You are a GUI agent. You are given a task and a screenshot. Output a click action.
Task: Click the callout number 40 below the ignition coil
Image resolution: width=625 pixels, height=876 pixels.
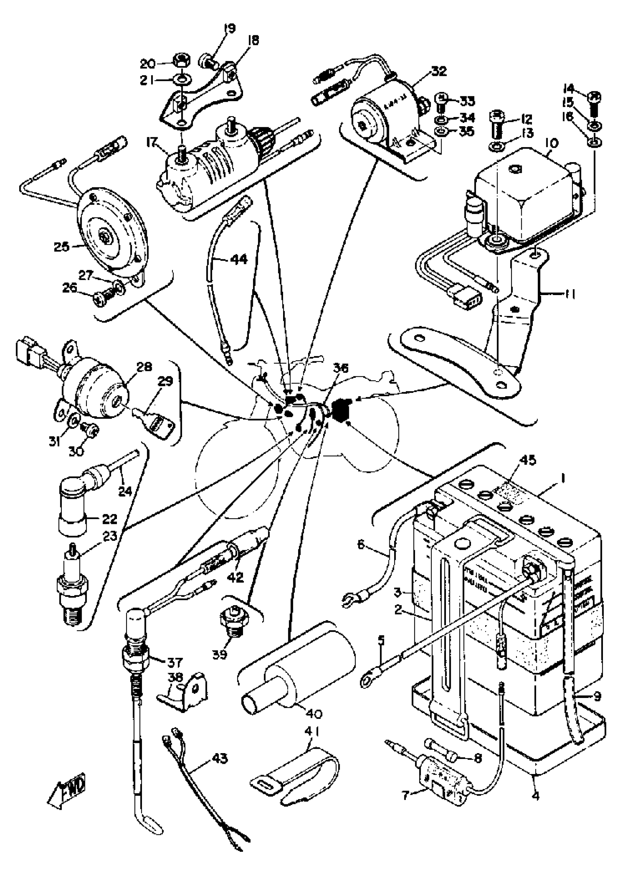click(x=314, y=713)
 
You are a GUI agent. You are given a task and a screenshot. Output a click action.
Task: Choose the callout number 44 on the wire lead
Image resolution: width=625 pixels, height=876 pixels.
click(x=239, y=259)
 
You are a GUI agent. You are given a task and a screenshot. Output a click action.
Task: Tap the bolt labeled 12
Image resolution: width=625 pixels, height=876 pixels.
click(x=498, y=124)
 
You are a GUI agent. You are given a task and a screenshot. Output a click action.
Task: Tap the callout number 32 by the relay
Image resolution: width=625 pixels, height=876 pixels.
click(x=438, y=71)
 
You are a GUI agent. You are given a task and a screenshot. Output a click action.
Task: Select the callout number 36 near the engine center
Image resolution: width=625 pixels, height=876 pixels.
click(x=340, y=369)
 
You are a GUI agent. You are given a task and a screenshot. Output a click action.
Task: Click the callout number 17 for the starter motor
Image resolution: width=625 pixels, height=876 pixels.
click(x=151, y=143)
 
